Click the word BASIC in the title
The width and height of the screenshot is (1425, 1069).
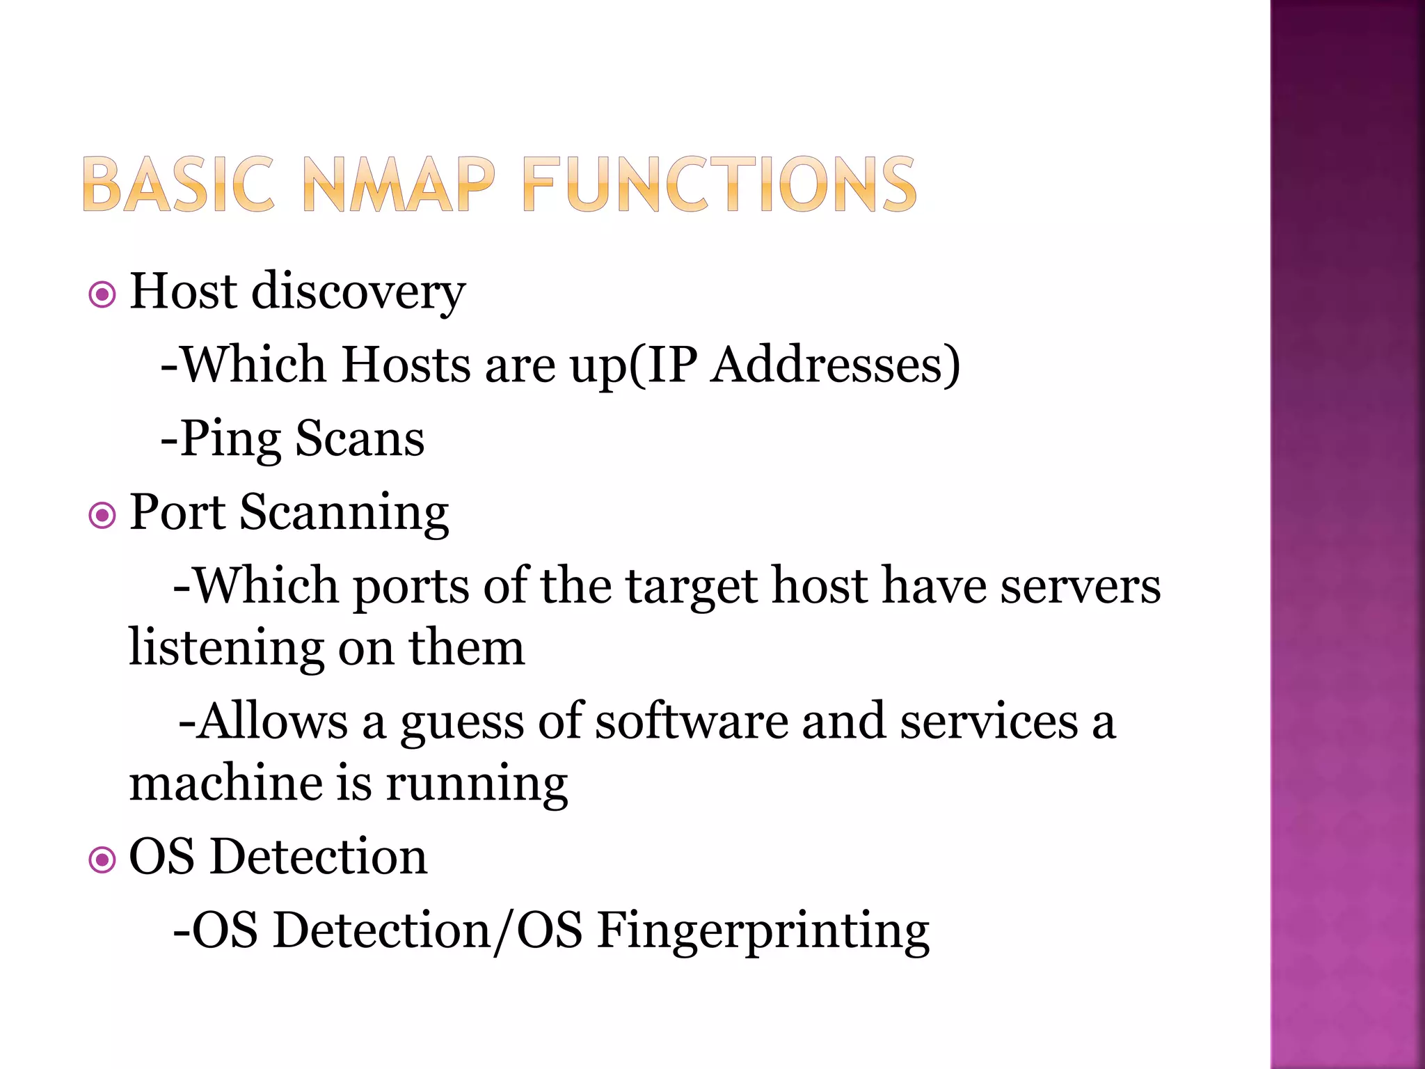click(178, 184)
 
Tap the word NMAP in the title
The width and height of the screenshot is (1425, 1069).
click(399, 184)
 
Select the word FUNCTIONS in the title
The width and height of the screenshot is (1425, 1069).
click(719, 184)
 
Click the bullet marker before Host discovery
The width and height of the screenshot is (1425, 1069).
click(103, 295)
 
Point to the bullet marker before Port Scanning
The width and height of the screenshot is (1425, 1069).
click(103, 516)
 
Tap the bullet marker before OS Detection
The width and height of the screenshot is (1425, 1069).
click(103, 860)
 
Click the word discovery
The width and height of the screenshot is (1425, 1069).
click(358, 292)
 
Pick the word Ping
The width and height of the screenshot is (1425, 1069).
click(230, 440)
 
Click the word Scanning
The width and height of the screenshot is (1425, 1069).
click(344, 514)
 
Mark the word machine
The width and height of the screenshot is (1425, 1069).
click(225, 783)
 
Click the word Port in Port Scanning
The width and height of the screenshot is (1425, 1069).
click(177, 513)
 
